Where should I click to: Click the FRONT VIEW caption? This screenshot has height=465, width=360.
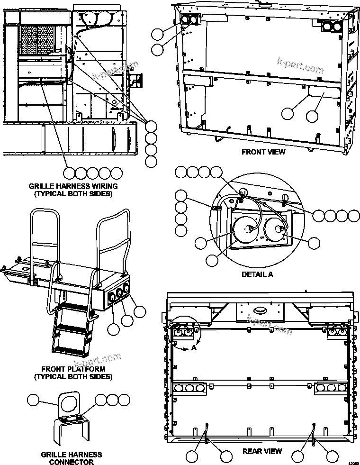click(x=263, y=152)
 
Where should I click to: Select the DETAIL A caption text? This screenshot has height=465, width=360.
click(x=257, y=274)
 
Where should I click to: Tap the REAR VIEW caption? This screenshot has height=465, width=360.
click(x=262, y=451)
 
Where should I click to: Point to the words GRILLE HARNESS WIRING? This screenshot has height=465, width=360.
click(x=73, y=186)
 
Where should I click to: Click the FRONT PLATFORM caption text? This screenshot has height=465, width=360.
click(x=73, y=369)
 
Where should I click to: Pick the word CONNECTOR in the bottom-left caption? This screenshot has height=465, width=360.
click(x=71, y=462)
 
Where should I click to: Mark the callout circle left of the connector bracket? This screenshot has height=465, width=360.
click(x=34, y=400)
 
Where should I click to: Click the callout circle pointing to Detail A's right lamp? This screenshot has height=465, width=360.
click(x=314, y=243)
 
